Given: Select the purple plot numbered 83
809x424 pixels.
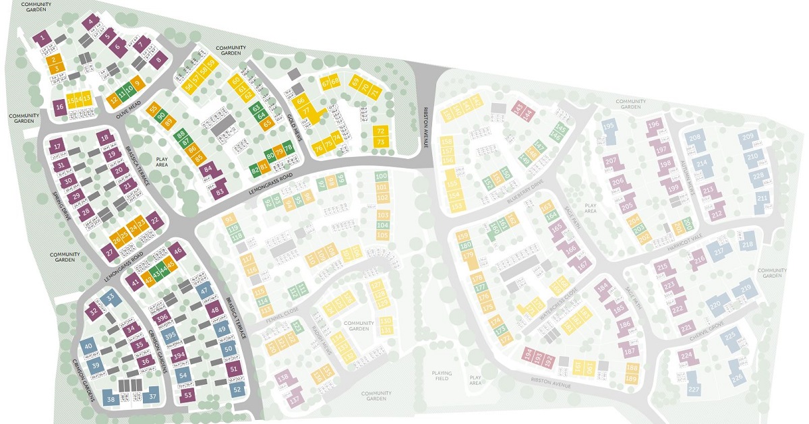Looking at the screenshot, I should [x=219, y=192].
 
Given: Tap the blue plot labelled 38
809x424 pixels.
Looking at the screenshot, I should [x=110, y=398].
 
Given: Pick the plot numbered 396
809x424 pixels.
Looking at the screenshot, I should [x=161, y=318].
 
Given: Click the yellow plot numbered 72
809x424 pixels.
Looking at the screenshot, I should [x=381, y=131].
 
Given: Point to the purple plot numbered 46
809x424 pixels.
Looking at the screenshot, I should [x=178, y=251].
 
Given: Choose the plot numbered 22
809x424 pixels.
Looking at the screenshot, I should [x=154, y=220].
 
